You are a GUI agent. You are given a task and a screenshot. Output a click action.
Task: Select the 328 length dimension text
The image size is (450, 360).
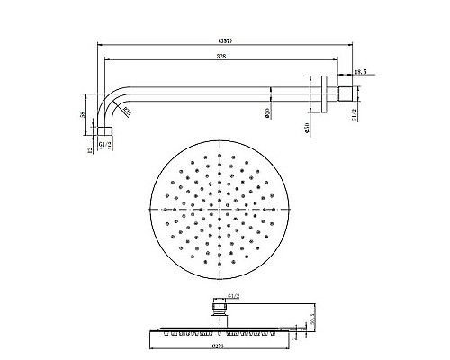click(x=209, y=57)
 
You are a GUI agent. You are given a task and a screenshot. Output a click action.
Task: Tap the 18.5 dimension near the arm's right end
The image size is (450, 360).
click(x=359, y=71)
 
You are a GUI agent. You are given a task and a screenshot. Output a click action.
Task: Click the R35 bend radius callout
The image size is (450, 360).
click(x=127, y=112)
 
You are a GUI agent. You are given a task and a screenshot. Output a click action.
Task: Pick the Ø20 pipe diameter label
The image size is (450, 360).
click(x=267, y=112)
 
